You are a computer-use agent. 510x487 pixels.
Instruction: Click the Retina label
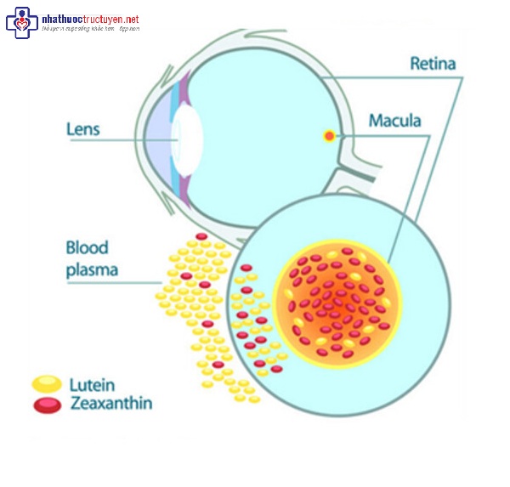(433, 64)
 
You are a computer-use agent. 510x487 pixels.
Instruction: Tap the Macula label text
(394, 121)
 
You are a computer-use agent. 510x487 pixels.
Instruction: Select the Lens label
(83, 130)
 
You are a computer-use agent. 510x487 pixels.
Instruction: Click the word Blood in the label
(88, 248)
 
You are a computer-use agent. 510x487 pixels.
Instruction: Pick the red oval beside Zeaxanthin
(47, 405)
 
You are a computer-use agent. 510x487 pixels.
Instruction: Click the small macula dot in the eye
(329, 135)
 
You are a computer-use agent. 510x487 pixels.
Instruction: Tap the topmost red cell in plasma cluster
(201, 236)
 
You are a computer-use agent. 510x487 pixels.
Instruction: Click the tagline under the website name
(89, 29)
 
